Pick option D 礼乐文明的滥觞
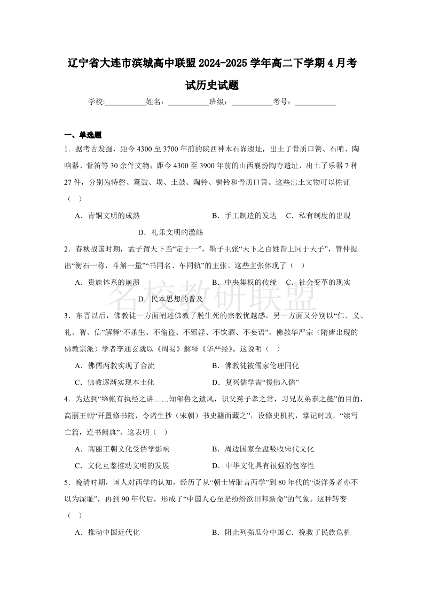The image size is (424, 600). coord(170,232)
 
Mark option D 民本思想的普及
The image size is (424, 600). coord(170,299)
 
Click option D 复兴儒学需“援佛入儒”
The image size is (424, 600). coord(255,383)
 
